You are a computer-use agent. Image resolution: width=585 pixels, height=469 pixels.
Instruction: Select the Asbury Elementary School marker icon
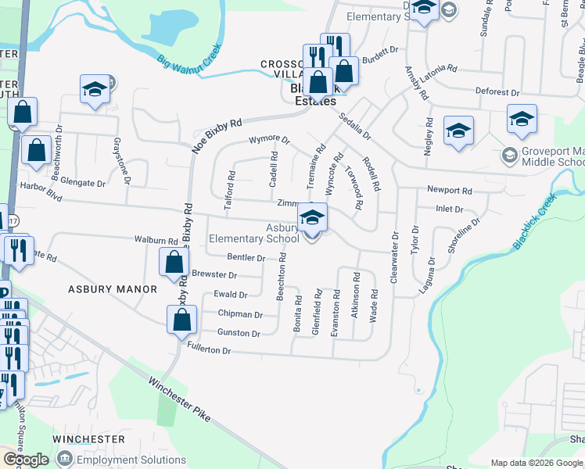pyautogui.click(x=312, y=219)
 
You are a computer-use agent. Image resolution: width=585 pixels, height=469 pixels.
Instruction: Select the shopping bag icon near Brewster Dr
pyautogui.click(x=174, y=263)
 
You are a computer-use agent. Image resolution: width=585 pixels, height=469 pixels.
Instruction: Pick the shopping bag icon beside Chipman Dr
pyautogui.click(x=181, y=319)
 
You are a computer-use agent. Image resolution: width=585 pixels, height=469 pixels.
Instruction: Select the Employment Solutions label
pyautogui.click(x=131, y=460)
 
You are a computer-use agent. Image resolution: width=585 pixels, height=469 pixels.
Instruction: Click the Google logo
pyautogui.click(x=26, y=459)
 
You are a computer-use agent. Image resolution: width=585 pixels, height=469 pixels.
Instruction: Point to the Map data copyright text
pyautogui.click(x=537, y=463)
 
